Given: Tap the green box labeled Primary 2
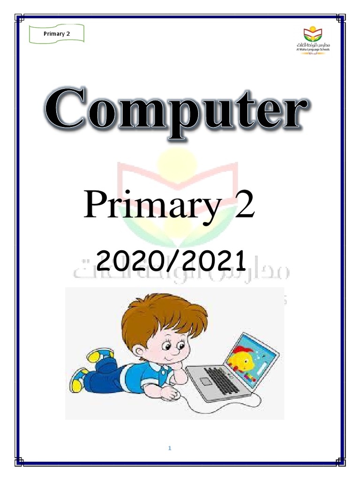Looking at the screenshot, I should click(x=56, y=34).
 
